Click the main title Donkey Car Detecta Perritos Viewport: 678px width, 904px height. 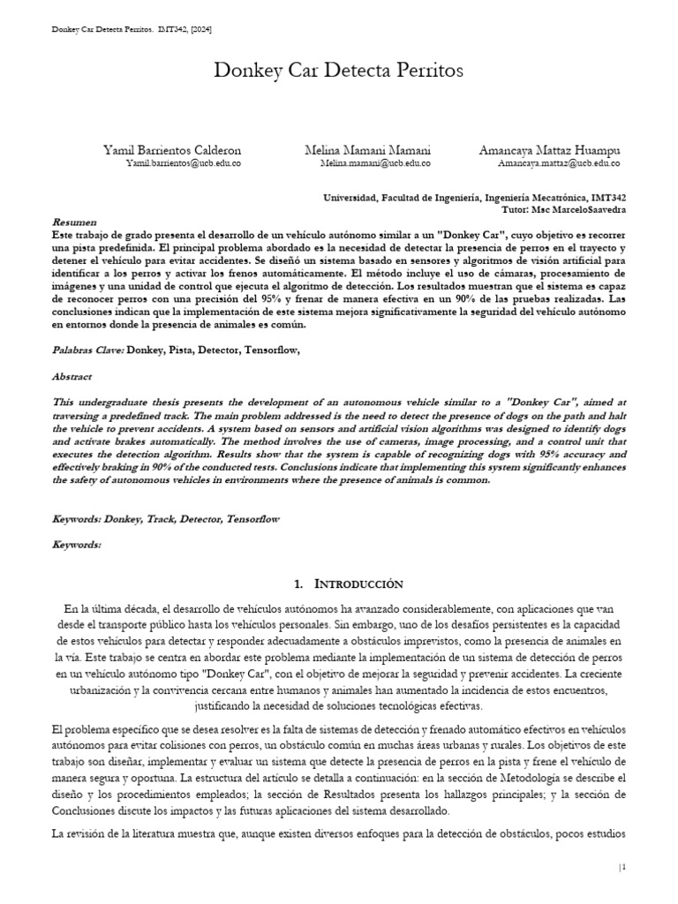[x=338, y=72]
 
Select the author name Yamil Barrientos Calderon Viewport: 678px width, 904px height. [x=171, y=151]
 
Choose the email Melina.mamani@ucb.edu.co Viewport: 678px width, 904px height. [x=374, y=164]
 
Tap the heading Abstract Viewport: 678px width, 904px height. [x=72, y=376]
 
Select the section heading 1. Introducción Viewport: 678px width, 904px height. [x=347, y=584]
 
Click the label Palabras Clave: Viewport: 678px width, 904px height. [x=87, y=350]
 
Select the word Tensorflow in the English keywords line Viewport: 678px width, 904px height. [x=252, y=519]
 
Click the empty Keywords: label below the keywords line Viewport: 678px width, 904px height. [x=77, y=545]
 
